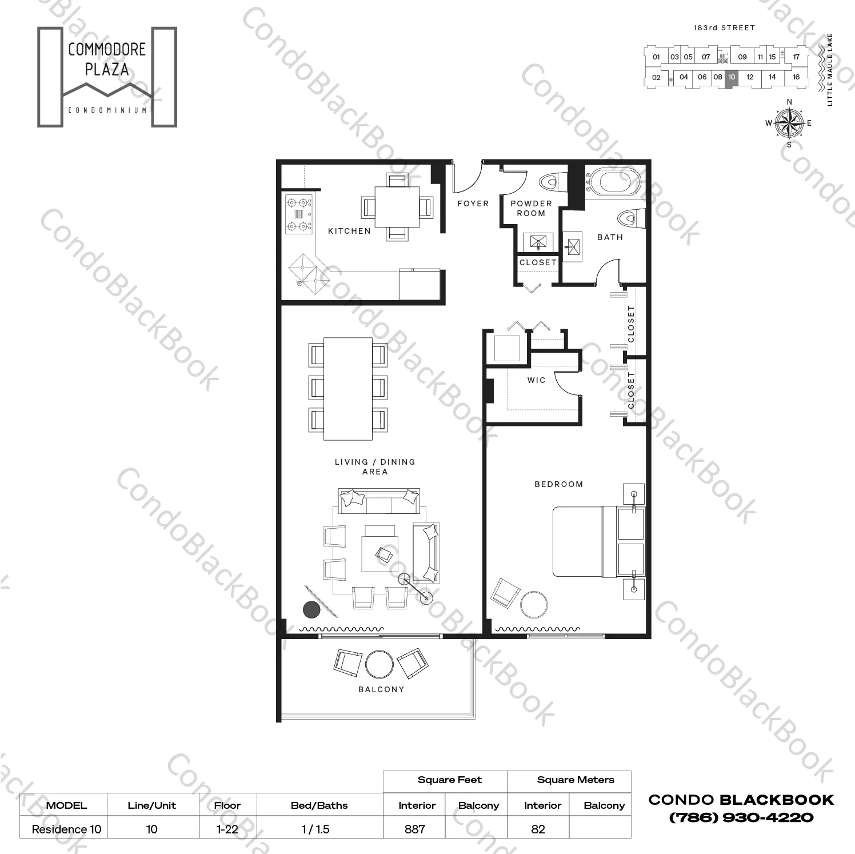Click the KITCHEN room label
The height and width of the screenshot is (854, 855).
point(349,231)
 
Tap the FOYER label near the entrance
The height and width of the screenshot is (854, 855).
point(473,203)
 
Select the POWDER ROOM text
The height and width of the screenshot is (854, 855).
point(531,208)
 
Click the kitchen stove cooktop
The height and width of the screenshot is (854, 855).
point(299,214)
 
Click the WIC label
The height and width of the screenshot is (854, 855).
point(536,380)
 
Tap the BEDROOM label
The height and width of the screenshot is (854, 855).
point(558,484)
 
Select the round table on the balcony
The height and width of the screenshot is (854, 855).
point(379,664)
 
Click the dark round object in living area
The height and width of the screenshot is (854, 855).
point(311,610)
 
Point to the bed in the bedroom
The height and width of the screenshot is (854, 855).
point(589,541)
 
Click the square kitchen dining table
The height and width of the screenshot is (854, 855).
point(397,206)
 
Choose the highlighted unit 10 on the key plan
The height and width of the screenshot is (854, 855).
point(732,77)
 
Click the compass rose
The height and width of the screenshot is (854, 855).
point(789,123)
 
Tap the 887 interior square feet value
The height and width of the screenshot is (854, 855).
point(415,829)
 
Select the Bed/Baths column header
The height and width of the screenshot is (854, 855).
point(319,805)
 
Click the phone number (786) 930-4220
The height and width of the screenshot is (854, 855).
point(741,817)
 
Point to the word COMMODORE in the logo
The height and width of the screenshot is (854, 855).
point(107,50)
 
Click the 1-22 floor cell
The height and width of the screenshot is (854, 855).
point(227,829)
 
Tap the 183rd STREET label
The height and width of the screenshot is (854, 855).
point(724,27)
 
